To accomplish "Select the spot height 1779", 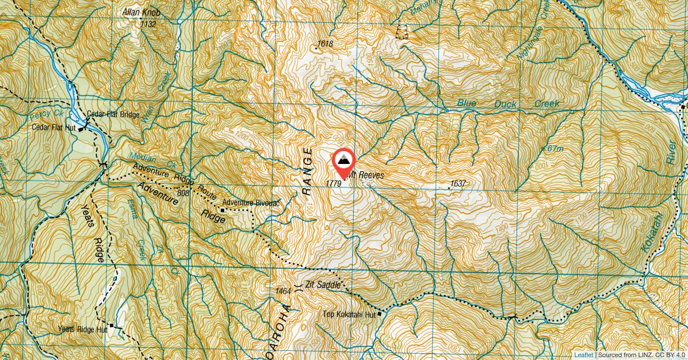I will [333, 183].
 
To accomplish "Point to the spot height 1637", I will [458, 183].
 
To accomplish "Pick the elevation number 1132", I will [148, 24].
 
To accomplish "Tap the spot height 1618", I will [325, 44].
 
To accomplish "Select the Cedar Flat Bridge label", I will [114, 115].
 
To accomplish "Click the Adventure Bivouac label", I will [251, 202].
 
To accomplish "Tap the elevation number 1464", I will [283, 292].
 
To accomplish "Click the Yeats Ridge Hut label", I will [83, 330].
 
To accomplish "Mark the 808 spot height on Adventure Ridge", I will [183, 193].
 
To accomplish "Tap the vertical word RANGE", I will [307, 172].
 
